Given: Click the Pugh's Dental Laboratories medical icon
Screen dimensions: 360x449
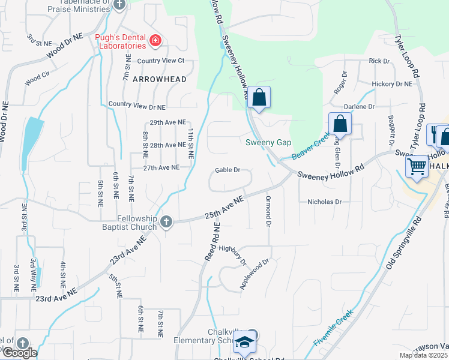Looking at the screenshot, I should [x=155, y=41].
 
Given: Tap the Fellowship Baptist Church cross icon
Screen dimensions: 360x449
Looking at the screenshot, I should [x=166, y=222].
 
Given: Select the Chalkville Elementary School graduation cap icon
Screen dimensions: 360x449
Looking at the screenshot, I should [x=244, y=343].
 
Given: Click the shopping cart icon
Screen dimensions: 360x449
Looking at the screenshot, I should [x=417, y=166].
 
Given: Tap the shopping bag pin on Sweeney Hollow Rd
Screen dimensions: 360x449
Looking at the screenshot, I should [x=259, y=97].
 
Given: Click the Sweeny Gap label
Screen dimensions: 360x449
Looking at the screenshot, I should [x=268, y=142].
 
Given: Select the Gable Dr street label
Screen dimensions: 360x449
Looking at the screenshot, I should [x=228, y=170].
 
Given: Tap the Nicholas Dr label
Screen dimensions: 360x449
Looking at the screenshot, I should [x=324, y=202].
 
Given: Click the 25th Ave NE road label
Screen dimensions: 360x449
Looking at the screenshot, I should [x=224, y=206].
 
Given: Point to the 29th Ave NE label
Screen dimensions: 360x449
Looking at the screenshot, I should [x=168, y=122].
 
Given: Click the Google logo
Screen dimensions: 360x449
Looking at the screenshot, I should [x=19, y=353].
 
